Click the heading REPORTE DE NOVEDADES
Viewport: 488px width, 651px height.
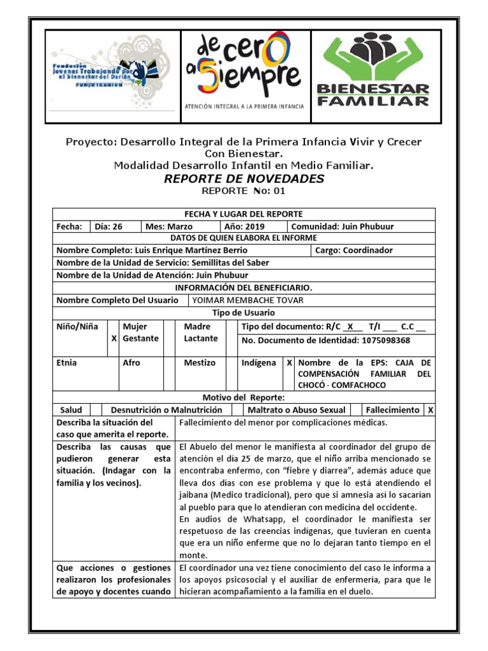click(244, 179)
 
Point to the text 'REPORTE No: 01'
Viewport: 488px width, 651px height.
click(244, 191)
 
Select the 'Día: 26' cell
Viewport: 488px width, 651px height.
click(109, 226)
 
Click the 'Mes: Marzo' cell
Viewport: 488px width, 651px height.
click(169, 226)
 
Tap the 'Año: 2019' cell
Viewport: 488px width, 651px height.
click(245, 226)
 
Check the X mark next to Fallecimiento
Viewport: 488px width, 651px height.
click(430, 410)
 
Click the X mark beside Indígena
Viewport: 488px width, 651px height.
click(289, 362)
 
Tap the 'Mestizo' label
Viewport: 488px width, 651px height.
click(200, 362)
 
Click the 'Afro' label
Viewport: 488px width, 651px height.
click(132, 362)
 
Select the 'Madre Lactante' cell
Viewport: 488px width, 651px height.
click(201, 332)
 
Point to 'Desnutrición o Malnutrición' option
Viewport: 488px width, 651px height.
click(166, 410)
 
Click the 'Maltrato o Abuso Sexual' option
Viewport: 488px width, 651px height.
click(296, 410)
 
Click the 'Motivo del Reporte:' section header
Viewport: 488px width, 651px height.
click(244, 397)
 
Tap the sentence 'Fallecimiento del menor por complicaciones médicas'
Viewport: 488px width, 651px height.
click(284, 422)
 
